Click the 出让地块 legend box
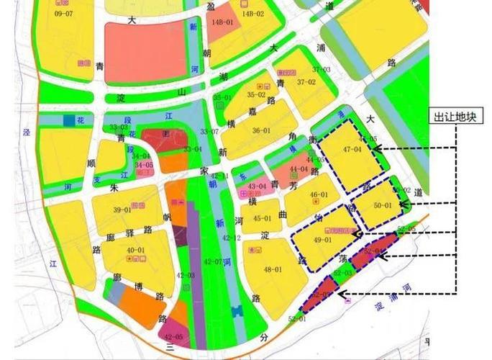pyautogui.click(x=456, y=117)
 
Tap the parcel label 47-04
pyautogui.click(x=352, y=149)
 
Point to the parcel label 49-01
pyautogui.click(x=324, y=240)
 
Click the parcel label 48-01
pyautogui.click(x=273, y=269)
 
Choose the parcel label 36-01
pyautogui.click(x=261, y=130)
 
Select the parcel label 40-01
pyautogui.click(x=135, y=250)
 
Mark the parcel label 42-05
pyautogui.click(x=173, y=336)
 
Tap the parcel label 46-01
pyautogui.click(x=319, y=195)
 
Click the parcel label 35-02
pyautogui.click(x=256, y=94)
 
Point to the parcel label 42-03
pyautogui.click(x=186, y=276)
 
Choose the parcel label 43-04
pyautogui.click(x=257, y=186)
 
